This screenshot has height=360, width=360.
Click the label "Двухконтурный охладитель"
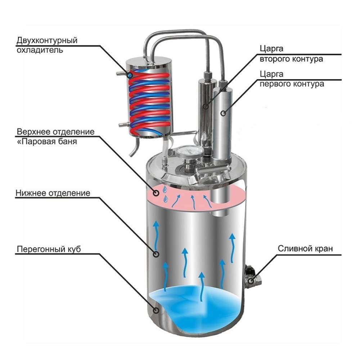point(47,45)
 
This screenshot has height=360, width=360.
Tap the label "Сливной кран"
point(305,248)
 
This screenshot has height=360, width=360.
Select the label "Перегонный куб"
point(49,249)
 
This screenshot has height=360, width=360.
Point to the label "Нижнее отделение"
point(53,193)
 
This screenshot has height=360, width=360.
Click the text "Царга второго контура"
point(291,54)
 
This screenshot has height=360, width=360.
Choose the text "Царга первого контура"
point(292,79)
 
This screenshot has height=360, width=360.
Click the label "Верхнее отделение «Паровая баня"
point(55,136)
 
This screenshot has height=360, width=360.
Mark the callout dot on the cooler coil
point(130,75)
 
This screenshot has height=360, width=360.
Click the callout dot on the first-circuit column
point(223,113)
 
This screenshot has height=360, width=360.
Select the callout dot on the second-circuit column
point(206,106)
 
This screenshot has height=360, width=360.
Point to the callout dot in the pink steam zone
point(156,193)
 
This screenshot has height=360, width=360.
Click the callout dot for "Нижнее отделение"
point(156,254)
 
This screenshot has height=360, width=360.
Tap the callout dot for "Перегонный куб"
point(156,310)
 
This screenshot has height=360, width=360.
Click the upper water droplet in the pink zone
point(165,190)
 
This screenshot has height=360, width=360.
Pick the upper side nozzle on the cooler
point(121,74)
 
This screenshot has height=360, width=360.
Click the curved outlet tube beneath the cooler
point(135,147)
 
